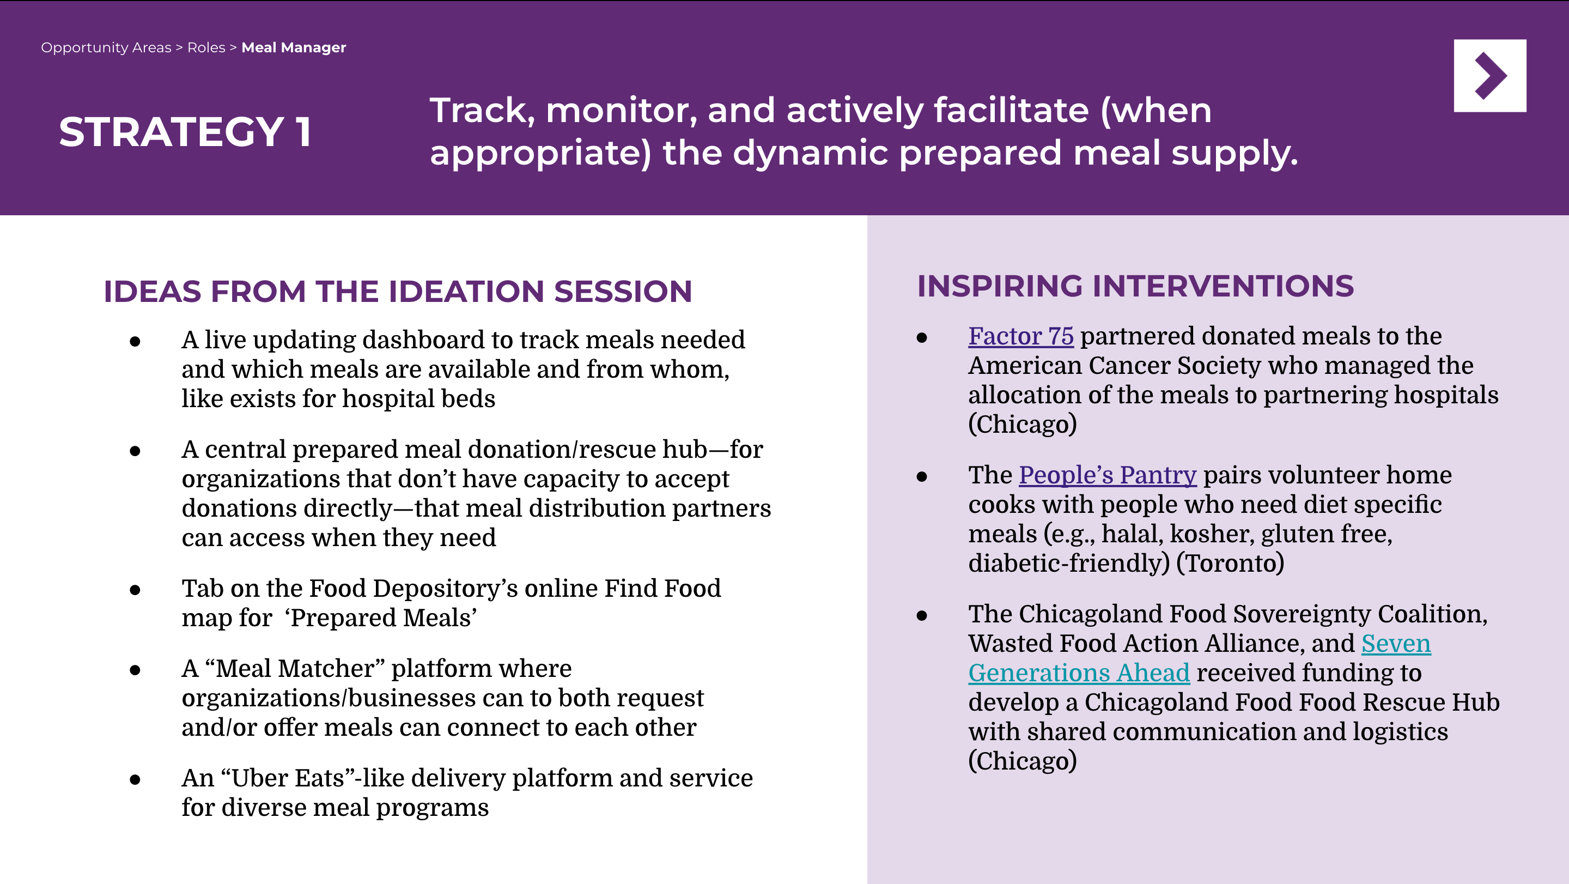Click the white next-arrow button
click(x=1490, y=76)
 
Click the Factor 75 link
click(x=1021, y=336)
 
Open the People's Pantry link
click(x=1108, y=475)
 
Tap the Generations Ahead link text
click(x=1079, y=673)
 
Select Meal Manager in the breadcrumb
click(x=294, y=47)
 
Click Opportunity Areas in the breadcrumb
click(x=106, y=47)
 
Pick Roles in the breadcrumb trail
click(x=206, y=47)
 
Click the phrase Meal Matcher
click(x=295, y=668)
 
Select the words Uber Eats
click(x=288, y=778)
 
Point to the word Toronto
click(x=1230, y=563)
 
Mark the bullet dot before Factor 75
click(x=922, y=337)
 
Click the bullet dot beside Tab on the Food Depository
click(x=135, y=590)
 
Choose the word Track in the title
click(x=478, y=111)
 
